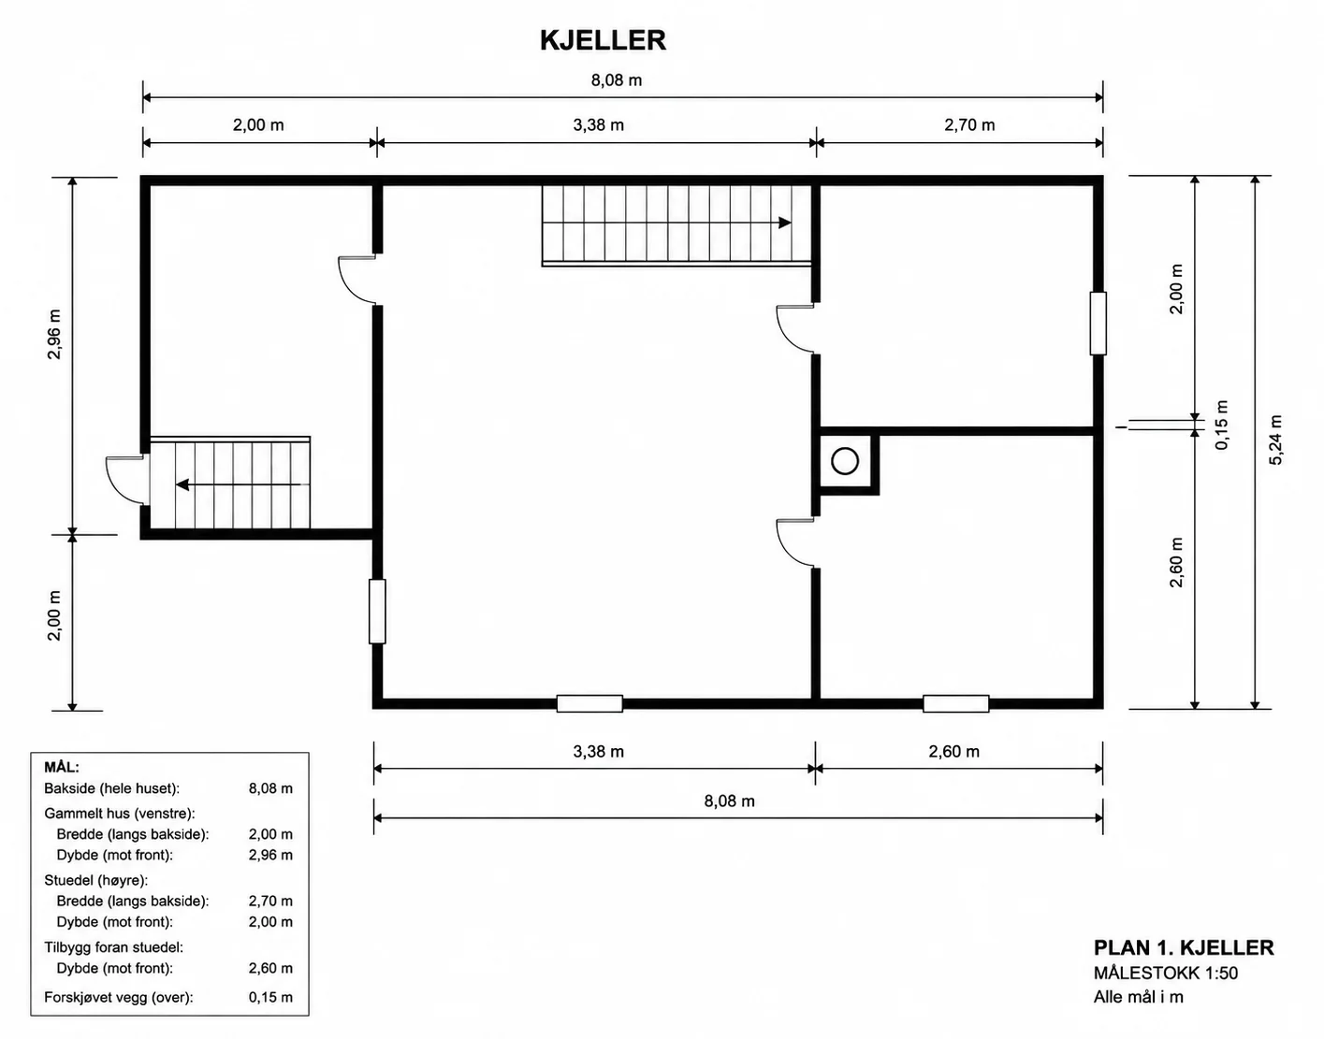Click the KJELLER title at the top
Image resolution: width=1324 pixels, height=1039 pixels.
[x=603, y=40]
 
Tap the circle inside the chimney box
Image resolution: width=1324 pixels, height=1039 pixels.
[x=845, y=461]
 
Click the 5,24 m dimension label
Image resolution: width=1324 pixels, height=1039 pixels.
[x=1275, y=440]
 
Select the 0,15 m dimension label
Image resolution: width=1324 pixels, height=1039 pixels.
[x=1222, y=425]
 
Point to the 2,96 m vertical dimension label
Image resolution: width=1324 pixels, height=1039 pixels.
[x=54, y=334]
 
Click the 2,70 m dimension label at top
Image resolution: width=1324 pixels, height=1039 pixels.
[x=969, y=124]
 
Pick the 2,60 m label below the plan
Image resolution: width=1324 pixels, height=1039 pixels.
[x=953, y=752]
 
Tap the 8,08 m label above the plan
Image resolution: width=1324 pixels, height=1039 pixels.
[x=616, y=80]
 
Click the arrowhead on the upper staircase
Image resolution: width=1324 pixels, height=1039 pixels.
[x=785, y=223]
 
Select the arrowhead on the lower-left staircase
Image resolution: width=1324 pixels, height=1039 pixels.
[x=182, y=484]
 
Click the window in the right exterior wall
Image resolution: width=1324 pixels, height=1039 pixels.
[x=1098, y=324]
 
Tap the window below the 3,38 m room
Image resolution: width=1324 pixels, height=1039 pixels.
[x=589, y=703]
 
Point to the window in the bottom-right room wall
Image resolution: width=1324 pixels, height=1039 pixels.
[x=955, y=703]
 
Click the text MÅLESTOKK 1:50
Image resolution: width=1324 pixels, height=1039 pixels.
[x=1166, y=973]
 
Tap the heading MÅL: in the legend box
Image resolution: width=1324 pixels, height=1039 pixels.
[x=62, y=767]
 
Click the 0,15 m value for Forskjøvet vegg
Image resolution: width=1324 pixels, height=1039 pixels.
[x=270, y=997]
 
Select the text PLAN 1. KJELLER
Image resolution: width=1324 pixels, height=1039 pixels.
[x=1184, y=947]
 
